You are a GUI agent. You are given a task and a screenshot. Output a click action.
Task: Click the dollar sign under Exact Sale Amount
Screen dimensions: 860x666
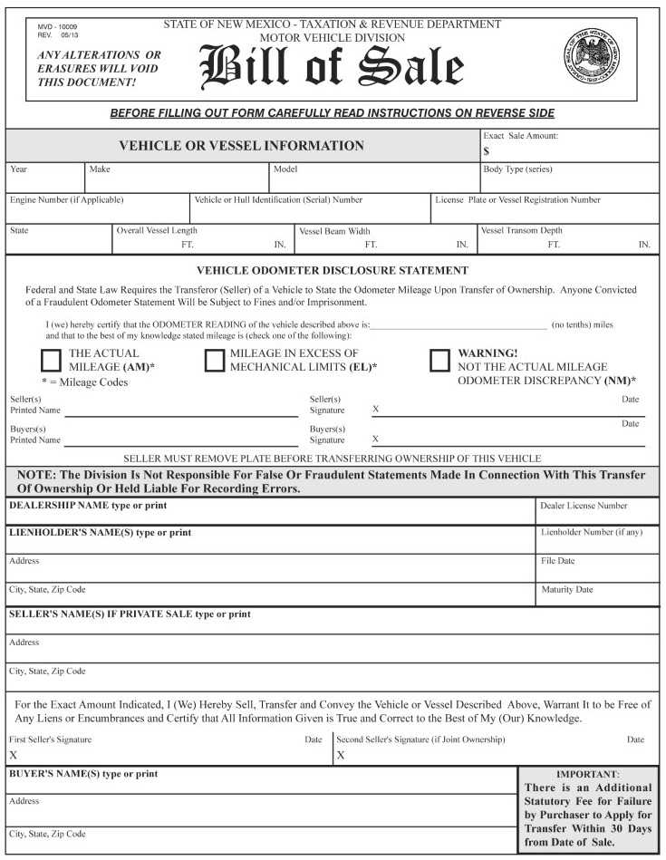pyautogui.click(x=487, y=151)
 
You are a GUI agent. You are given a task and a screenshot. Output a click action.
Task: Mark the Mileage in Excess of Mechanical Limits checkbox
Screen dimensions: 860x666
pyautogui.click(x=215, y=360)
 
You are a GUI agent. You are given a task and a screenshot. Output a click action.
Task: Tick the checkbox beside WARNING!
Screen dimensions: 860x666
pyautogui.click(x=439, y=360)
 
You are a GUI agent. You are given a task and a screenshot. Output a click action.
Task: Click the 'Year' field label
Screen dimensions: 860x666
pyautogui.click(x=18, y=169)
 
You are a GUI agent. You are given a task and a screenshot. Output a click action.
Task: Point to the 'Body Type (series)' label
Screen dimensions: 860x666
pyautogui.click(x=517, y=169)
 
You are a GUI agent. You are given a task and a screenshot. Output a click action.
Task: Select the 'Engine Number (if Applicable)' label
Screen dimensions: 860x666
pyautogui.click(x=65, y=199)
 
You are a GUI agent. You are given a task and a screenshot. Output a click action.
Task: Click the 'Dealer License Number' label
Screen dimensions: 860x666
pyautogui.click(x=584, y=506)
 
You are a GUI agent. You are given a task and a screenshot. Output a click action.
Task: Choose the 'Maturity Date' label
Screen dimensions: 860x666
pyautogui.click(x=566, y=589)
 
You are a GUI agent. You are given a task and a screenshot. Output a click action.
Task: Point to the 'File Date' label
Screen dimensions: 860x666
pyautogui.click(x=558, y=561)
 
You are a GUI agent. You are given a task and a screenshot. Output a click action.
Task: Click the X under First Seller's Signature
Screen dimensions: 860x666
pyautogui.click(x=14, y=754)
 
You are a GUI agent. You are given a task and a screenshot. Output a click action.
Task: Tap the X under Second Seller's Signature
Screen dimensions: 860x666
pyautogui.click(x=341, y=754)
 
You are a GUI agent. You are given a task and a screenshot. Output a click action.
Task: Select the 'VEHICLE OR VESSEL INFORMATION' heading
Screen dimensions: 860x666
pyautogui.click(x=242, y=145)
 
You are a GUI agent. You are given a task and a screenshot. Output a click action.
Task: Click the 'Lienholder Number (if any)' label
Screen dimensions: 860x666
pyautogui.click(x=592, y=533)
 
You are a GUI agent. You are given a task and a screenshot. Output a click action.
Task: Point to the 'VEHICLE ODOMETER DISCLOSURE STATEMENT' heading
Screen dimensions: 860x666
pyautogui.click(x=333, y=270)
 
